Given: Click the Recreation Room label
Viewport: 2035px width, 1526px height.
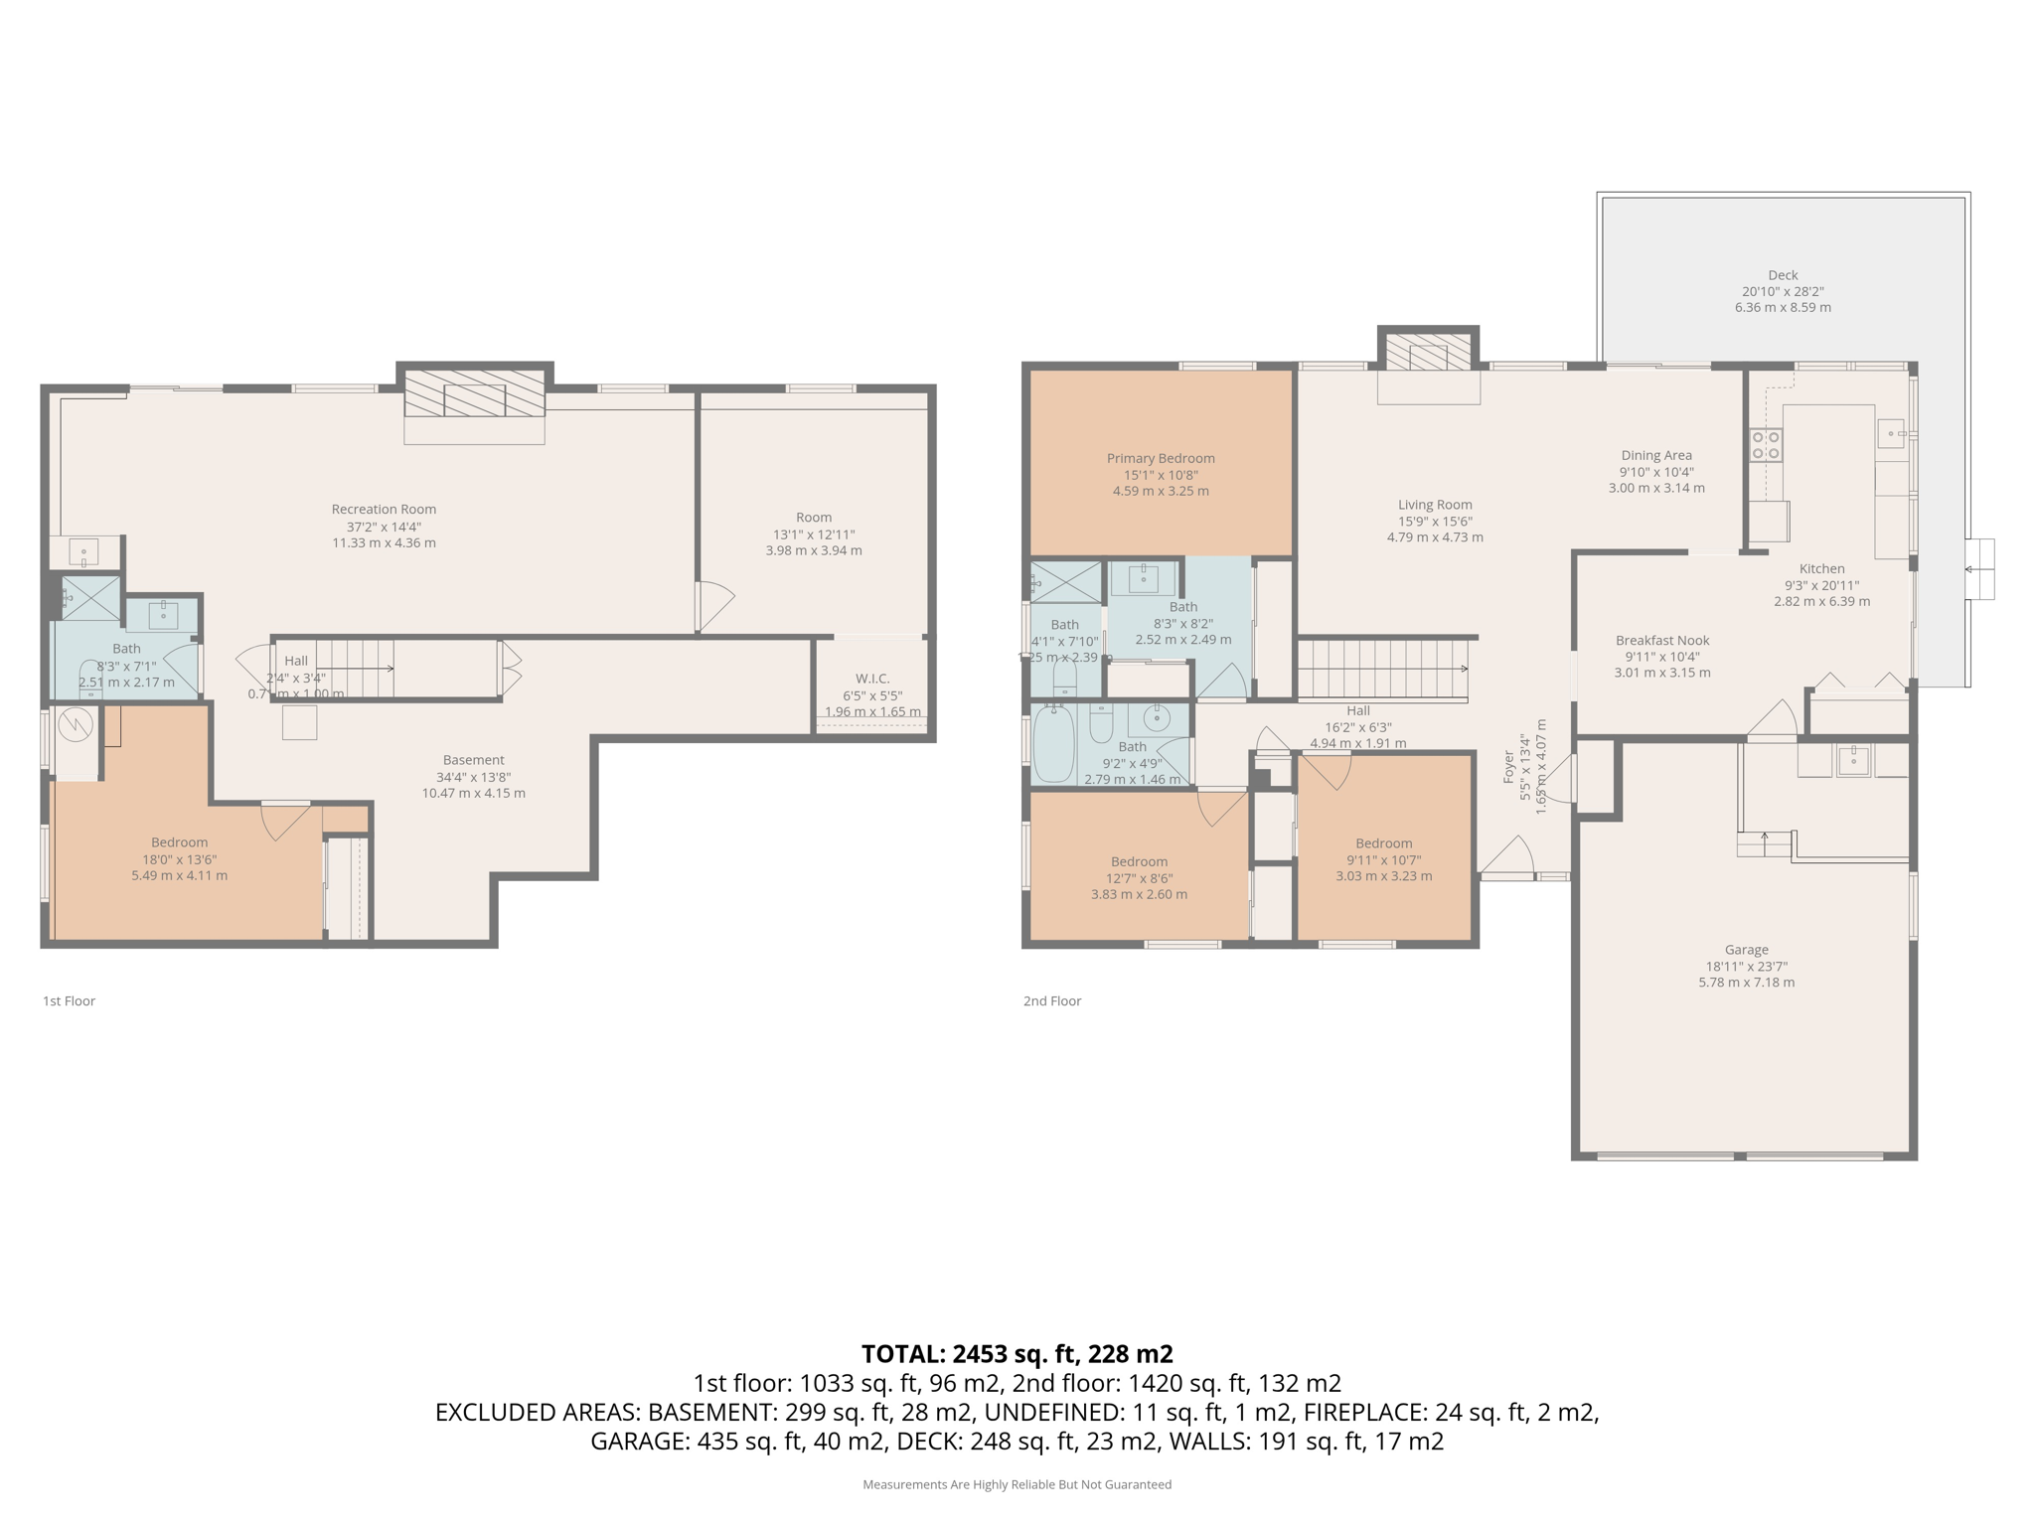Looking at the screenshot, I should point(384,510).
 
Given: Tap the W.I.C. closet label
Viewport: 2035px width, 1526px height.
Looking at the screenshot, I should point(871,679).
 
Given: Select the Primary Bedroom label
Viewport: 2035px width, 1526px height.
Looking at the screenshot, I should point(1161,458).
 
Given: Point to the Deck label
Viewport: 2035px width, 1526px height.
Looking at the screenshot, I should point(1783,275).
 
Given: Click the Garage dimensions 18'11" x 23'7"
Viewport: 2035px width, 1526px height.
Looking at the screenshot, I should point(1746,966).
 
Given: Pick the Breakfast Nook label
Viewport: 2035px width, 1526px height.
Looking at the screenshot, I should point(1661,641).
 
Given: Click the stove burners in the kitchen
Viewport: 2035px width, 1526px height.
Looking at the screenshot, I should point(1766,445).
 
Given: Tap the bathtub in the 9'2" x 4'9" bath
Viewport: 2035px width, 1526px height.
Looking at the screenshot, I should point(1053,744).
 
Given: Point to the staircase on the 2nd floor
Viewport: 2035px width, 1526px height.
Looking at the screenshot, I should point(1381,670).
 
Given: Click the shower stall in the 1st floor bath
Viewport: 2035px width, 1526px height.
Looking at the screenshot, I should point(90,598).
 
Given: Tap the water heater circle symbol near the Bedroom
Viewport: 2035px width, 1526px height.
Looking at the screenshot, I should point(76,725).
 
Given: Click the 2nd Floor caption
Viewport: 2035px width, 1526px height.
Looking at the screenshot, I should point(1051,1000).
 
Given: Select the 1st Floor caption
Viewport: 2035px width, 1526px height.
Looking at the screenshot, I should point(69,1000).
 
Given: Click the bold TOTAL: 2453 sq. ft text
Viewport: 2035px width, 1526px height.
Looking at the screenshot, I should point(1017,1353).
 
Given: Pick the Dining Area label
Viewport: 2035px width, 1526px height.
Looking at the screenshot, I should point(1655,456).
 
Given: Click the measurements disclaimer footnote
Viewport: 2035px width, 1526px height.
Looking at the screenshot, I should point(1017,1484).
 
